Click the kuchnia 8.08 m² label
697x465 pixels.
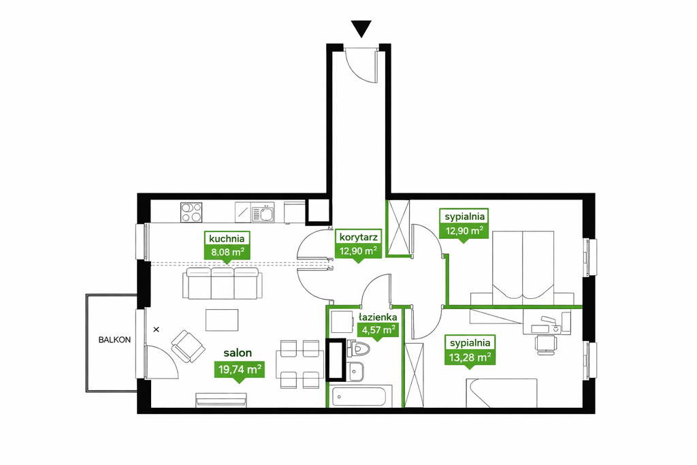pyautogui.click(x=227, y=245)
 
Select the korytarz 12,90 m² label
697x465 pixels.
pyautogui.click(x=358, y=244)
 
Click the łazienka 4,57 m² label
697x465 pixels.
pyautogui.click(x=377, y=325)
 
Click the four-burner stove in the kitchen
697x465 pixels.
pyautogui.click(x=191, y=212)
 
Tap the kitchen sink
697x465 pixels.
pyautogui.click(x=263, y=212)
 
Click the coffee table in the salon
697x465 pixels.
pyautogui.click(x=222, y=320)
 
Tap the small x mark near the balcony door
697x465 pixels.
pyautogui.click(x=156, y=330)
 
